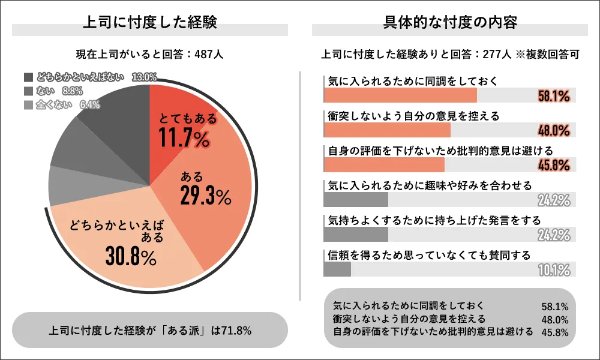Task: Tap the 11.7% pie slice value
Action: [184, 138]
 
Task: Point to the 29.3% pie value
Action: [205, 195]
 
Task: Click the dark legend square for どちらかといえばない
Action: [28, 77]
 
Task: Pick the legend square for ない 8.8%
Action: [28, 91]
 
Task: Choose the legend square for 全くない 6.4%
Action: [28, 105]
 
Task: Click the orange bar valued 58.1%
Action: [400, 95]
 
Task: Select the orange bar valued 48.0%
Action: [387, 130]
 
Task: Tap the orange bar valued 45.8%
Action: [384, 165]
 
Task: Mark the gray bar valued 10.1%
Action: [337, 269]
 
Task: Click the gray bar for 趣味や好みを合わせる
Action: [356, 200]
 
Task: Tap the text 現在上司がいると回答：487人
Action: [150, 54]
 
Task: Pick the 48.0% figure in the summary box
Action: [554, 319]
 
